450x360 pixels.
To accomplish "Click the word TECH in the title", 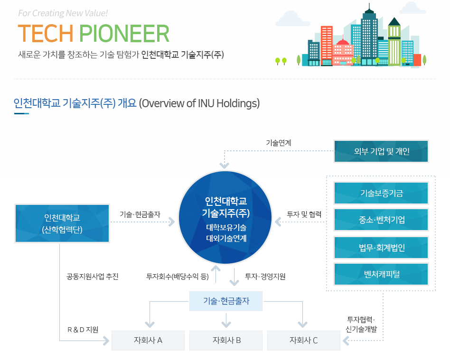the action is tap(46, 34).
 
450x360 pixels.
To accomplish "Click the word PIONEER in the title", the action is tap(124, 34).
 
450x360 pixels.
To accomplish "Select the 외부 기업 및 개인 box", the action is tap(381, 151).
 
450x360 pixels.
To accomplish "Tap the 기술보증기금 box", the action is tap(381, 193).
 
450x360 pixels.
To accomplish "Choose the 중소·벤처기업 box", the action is tap(381, 220).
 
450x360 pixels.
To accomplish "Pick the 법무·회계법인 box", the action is tap(381, 247).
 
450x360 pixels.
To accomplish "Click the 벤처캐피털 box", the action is tap(381, 274).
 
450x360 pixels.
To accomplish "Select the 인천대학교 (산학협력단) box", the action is tap(62, 223).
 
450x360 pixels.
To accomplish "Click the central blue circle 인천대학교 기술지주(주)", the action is tap(225, 217).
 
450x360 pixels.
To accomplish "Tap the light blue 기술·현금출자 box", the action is tap(226, 301).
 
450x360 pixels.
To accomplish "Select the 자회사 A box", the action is tap(148, 340).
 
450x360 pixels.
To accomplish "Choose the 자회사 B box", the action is tap(226, 340).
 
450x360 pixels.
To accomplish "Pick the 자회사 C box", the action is tap(304, 340).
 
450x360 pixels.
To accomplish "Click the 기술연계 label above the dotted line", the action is tap(278, 143).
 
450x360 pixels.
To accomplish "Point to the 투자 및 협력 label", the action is tap(304, 214).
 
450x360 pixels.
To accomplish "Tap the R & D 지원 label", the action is tap(83, 330).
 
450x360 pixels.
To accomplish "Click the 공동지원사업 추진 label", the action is tap(93, 277).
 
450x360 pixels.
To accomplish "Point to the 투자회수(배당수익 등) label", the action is tap(178, 277).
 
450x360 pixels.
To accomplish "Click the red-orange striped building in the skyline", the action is tap(327, 46).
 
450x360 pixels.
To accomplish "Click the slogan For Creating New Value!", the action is tap(63, 13).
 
